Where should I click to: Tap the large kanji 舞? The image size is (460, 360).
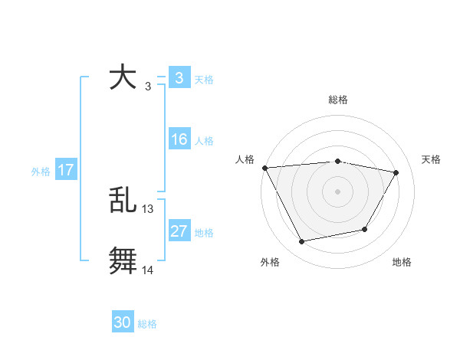click(123, 260)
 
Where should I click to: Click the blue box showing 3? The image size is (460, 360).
click(179, 77)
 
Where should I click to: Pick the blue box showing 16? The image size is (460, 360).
click(179, 139)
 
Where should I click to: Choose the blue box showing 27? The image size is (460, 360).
click(179, 231)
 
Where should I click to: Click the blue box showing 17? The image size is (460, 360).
click(66, 170)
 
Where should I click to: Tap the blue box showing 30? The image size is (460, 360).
click(123, 322)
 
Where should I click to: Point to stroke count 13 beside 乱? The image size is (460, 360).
click(148, 208)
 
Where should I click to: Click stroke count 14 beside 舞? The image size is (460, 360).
click(148, 270)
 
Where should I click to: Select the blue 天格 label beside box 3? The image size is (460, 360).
click(204, 79)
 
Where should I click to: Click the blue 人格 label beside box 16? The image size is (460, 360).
click(204, 141)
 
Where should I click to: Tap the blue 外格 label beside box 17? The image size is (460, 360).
click(41, 172)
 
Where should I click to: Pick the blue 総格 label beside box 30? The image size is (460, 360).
click(147, 324)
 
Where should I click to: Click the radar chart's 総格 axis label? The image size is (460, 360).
click(337, 100)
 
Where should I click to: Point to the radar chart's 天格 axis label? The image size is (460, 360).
click(432, 159)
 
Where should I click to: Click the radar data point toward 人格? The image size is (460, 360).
click(264, 168)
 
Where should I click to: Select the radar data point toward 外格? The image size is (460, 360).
click(302, 242)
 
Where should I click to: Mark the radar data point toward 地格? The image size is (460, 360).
click(365, 229)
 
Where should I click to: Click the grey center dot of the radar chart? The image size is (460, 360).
click(337, 191)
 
